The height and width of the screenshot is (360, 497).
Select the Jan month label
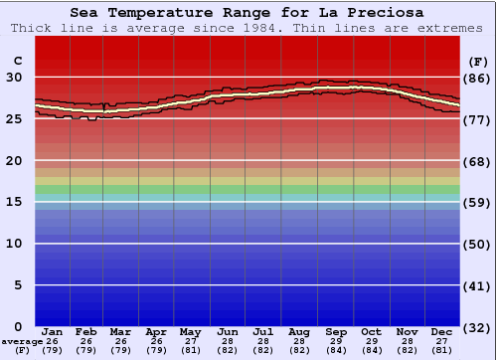tap(53, 331)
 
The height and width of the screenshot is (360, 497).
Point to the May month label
tap(189, 331)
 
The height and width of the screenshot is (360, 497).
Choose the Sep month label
tap(336, 331)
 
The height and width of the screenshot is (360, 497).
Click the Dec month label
tap(442, 331)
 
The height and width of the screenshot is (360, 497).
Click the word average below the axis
tap(22, 341)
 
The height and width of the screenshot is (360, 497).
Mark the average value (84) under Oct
tap(371, 350)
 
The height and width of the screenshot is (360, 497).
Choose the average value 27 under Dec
tap(442, 341)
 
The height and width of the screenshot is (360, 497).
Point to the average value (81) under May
tap(189, 350)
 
